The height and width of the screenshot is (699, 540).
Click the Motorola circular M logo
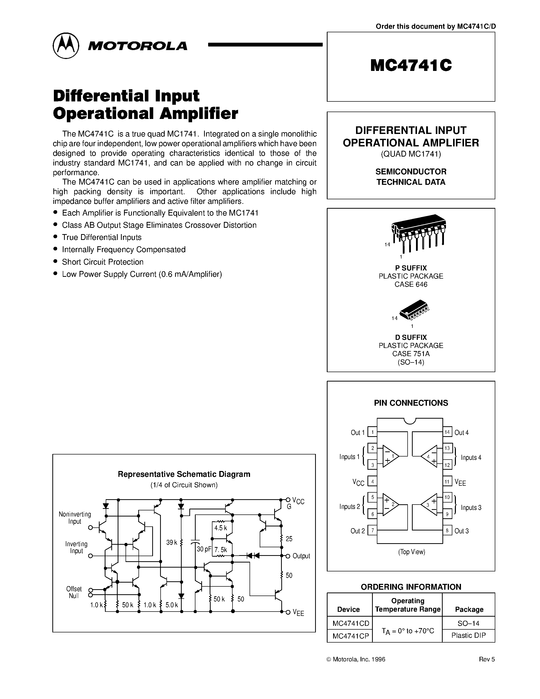pos(66,45)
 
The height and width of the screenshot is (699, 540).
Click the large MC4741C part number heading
pos(411,66)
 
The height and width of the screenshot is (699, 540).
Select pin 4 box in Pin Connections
pos(372,481)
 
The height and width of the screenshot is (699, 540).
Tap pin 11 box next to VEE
pos(447,481)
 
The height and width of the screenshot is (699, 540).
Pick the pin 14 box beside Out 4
pos(447,432)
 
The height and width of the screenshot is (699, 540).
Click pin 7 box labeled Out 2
pos(372,531)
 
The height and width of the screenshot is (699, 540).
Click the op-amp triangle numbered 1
pos(391,456)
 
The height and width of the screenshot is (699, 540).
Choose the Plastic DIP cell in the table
pos(468,635)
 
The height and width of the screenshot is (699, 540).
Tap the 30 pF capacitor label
pos(204,549)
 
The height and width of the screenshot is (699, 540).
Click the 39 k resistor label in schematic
pos(172,542)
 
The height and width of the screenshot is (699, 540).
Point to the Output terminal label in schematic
pos(301,556)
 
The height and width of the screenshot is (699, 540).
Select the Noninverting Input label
pos(75,518)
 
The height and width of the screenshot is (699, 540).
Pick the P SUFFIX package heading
pos(411,268)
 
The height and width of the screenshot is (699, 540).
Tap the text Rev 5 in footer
pos(487,659)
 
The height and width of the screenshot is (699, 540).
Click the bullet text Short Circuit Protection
pos(103,262)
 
